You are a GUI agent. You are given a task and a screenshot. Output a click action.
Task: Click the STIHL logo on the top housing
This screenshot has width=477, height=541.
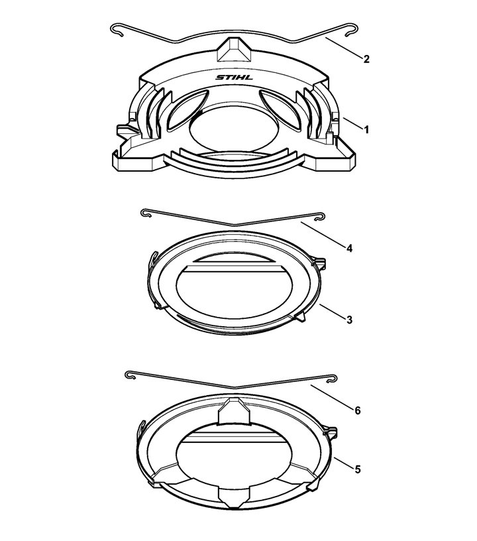coord(234,78)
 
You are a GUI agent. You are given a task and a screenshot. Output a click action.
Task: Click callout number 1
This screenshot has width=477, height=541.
coord(366,130)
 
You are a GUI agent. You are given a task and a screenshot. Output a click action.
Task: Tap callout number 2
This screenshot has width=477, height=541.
coord(366,59)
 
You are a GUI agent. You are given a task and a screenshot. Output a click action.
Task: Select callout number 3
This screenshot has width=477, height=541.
coord(349,320)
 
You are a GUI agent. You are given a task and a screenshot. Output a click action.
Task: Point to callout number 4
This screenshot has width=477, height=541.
coord(349,249)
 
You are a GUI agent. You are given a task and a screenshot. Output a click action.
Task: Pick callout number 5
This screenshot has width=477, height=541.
coord(357,469)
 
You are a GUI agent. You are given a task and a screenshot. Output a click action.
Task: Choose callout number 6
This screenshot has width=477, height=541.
coord(357,410)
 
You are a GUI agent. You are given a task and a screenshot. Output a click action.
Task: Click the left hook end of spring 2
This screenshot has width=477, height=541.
coord(117,29)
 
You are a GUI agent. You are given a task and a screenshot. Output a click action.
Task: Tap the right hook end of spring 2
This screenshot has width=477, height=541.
coord(352,29)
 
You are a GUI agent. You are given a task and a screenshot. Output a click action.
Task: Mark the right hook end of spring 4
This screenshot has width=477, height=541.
coord(319,216)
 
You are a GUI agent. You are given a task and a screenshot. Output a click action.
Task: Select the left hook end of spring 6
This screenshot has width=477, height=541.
coord(130,375)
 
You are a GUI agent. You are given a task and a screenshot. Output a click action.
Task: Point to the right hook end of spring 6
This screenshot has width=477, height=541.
coord(331,378)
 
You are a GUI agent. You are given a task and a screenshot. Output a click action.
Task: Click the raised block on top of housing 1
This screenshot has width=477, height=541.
coord(235,50)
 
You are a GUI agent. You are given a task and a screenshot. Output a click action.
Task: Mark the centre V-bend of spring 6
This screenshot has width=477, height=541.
coord(235,387)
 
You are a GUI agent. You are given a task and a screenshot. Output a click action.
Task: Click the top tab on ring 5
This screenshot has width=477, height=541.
coord(235,411)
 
